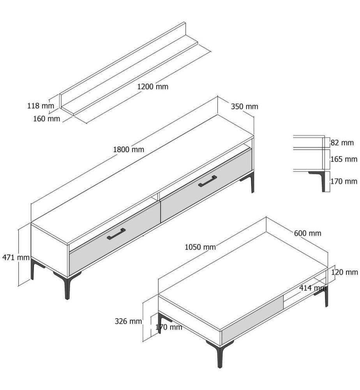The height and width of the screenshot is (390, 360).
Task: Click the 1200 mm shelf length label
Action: click(153, 87)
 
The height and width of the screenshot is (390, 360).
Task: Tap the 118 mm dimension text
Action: click(41, 106)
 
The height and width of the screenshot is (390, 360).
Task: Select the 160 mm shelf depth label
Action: click(47, 119)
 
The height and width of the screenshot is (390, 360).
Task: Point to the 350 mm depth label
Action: click(244, 106)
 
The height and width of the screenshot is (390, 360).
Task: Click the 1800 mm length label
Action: click(129, 149)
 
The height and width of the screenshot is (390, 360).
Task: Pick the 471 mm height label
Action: click(16, 257)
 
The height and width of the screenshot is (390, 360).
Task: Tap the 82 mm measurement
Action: click(342, 143)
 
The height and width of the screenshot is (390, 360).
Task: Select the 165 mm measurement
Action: click(344, 159)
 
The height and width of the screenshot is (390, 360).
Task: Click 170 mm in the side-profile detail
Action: click(344, 181)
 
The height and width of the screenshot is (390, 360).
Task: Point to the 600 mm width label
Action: click(307, 233)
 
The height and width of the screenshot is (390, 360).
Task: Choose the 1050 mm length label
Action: click(200, 247)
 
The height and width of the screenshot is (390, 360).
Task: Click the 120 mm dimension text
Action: click(344, 272)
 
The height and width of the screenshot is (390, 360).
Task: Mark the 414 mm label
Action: click(313, 288)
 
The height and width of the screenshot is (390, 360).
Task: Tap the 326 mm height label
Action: click(128, 321)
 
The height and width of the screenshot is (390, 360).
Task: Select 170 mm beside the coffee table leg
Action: click(169, 327)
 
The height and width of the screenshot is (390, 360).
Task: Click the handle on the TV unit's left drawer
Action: click(116, 234)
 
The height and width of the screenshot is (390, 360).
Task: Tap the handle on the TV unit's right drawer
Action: click(207, 181)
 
